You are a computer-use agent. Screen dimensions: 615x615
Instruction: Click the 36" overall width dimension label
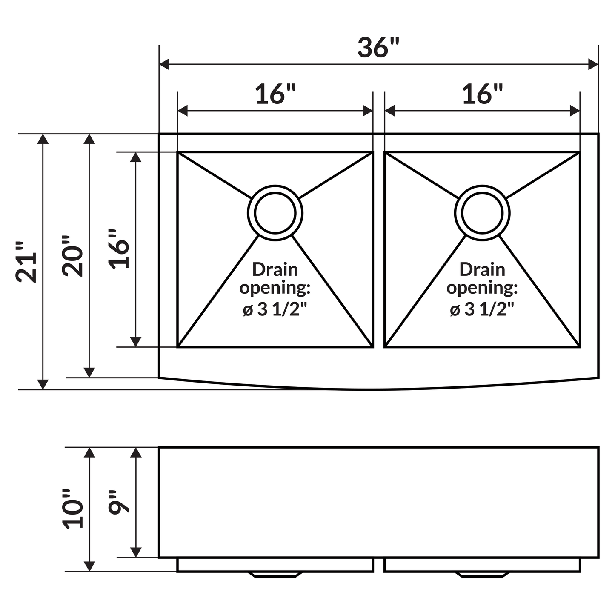coord(378,48)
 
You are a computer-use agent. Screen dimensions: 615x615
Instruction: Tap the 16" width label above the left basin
coord(275,94)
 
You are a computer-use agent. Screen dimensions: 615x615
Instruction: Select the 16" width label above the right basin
coord(482,94)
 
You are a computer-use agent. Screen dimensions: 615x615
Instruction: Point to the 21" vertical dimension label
coord(26,262)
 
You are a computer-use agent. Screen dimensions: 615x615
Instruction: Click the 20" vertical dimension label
coord(73,256)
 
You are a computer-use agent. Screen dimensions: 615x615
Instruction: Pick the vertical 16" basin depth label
coord(119,249)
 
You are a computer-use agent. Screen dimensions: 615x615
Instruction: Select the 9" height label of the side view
coord(119,502)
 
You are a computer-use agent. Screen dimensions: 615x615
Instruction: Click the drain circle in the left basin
coord(275,213)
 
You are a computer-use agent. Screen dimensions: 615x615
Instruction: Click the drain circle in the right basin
coord(482,213)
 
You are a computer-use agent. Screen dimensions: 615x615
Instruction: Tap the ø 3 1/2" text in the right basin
coord(482,309)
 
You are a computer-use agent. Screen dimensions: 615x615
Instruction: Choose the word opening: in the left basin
coord(275,288)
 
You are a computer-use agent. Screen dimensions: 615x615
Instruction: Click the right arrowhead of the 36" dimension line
coord(593,64)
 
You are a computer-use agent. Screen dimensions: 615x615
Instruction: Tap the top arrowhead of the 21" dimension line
coord(43,139)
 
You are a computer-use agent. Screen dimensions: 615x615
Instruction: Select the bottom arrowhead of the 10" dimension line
coord(89,566)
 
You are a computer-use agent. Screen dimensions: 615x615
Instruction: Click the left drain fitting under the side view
coord(275,575)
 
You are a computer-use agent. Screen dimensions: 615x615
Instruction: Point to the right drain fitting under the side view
coord(482,575)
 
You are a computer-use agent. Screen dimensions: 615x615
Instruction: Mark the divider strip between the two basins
coord(379,249)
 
